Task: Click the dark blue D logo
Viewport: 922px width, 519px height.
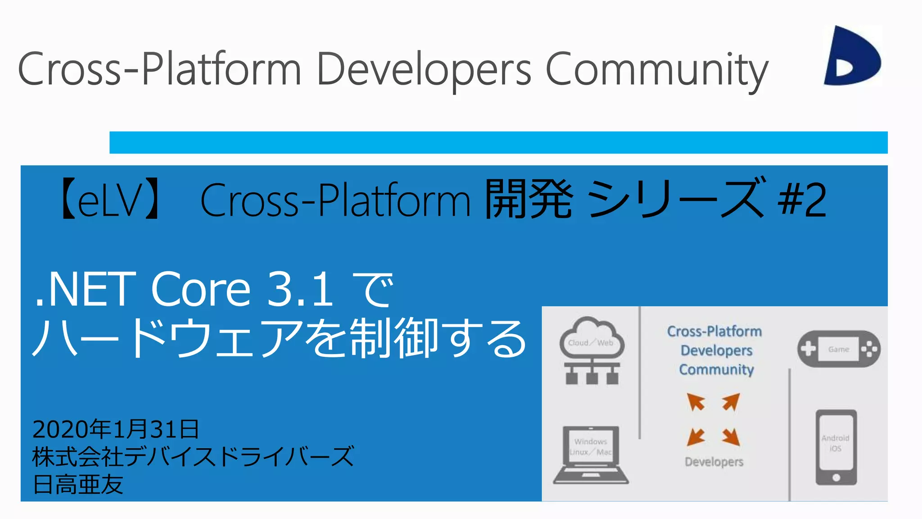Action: coord(852,56)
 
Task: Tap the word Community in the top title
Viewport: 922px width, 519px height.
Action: coord(657,70)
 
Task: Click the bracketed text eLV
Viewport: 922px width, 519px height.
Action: coord(111,200)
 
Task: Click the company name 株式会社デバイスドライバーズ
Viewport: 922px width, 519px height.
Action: coord(193,456)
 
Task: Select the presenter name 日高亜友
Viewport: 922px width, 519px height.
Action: coord(78,484)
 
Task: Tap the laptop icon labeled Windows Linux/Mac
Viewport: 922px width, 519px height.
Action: coord(591,454)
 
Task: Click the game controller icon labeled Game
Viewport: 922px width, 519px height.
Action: coord(839,349)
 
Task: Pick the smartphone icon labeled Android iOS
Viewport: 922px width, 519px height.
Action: coord(836,447)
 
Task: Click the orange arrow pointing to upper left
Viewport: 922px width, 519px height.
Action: coord(696,401)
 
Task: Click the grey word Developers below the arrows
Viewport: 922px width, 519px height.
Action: coord(714,462)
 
